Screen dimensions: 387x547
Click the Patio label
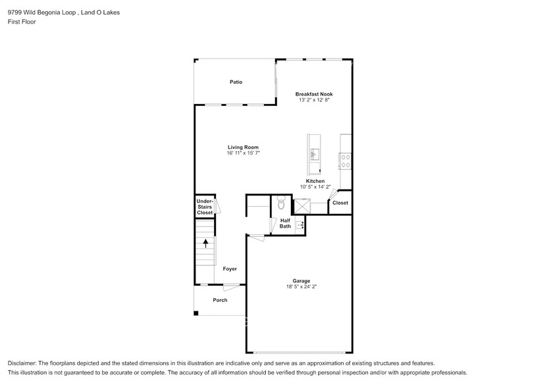(x=236, y=82)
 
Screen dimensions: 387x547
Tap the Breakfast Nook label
(x=313, y=95)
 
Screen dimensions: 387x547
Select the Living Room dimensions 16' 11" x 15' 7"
(x=243, y=153)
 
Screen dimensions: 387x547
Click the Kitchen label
(x=315, y=181)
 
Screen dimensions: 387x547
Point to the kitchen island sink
(x=314, y=155)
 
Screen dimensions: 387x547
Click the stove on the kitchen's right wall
(x=345, y=161)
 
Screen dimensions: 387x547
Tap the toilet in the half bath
(x=280, y=204)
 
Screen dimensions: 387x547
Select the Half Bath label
(x=285, y=223)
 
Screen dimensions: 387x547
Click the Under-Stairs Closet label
(x=205, y=207)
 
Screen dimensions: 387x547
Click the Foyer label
(x=230, y=269)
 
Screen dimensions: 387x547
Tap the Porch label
(x=220, y=300)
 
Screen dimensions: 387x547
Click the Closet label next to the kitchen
(x=340, y=203)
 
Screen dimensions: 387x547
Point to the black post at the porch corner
(x=195, y=313)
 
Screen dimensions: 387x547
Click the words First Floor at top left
(x=22, y=22)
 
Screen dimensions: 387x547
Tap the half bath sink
(x=301, y=226)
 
